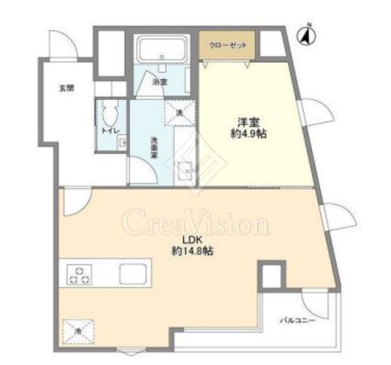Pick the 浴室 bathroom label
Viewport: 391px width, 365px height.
[x=159, y=81]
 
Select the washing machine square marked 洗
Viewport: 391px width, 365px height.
[x=178, y=113]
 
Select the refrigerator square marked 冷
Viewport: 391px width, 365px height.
[x=77, y=329]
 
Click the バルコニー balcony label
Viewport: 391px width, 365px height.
[x=297, y=321]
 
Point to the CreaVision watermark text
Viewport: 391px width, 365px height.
[x=196, y=224]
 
